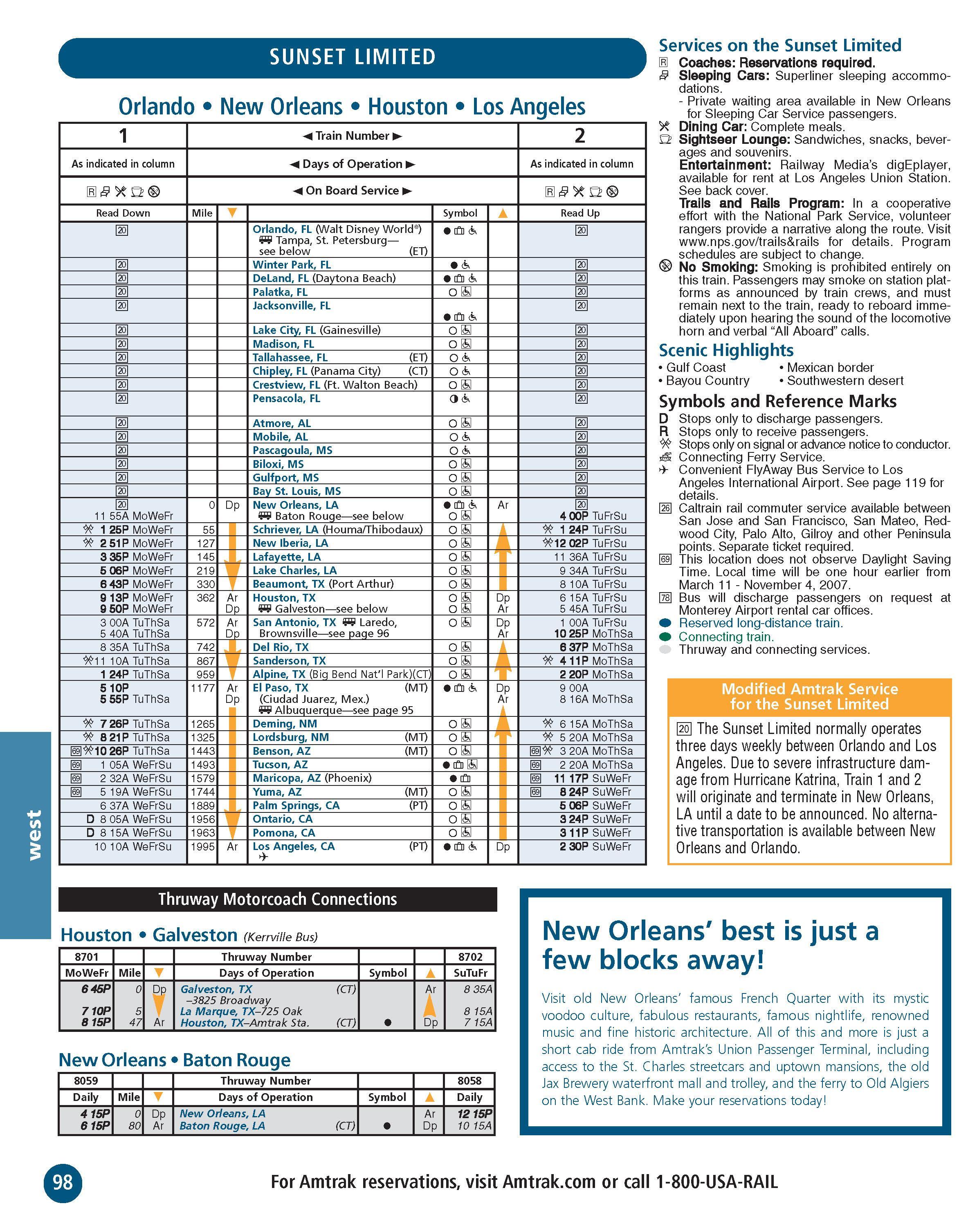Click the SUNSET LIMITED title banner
352,57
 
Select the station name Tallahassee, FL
290,357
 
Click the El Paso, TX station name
280,687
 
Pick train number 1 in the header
123,136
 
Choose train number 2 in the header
580,136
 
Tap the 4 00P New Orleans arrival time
574,516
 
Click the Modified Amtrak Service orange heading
809,696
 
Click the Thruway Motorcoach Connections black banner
277,899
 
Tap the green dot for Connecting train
665,637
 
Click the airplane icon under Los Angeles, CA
263,857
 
